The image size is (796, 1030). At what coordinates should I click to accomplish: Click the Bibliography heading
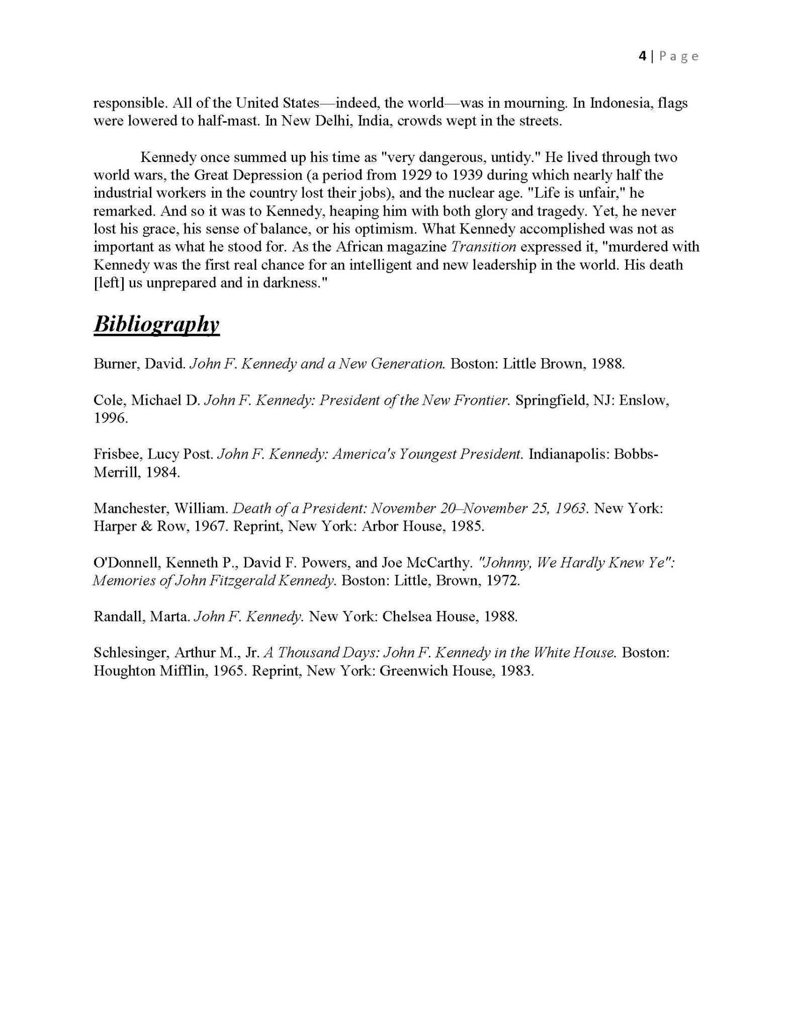coord(156,325)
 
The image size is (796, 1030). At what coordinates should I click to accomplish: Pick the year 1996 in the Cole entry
coord(111,418)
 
